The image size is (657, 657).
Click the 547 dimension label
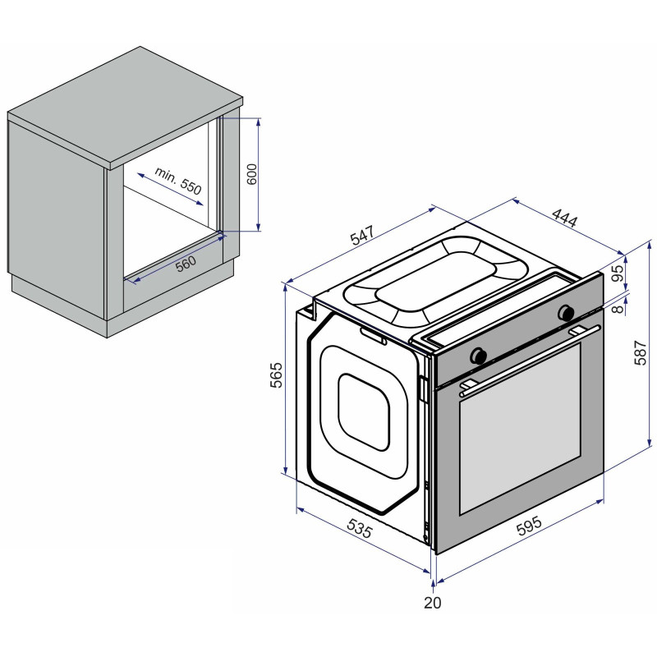[x=361, y=235]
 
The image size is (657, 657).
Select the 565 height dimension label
[x=276, y=375]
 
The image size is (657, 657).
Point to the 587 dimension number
[x=641, y=353]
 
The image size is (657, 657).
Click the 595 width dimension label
[x=529, y=526]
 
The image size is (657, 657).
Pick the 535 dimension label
[x=360, y=528]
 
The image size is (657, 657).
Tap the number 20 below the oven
[x=433, y=603]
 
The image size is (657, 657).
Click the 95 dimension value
[x=618, y=273]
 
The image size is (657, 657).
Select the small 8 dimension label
[x=618, y=310]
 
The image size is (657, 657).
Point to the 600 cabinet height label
[x=251, y=174]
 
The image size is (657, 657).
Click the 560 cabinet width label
[x=186, y=264]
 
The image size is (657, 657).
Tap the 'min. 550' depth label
[x=178, y=181]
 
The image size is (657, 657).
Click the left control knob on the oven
[x=478, y=356]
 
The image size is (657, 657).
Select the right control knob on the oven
[x=566, y=313]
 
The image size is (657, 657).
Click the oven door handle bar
[x=530, y=361]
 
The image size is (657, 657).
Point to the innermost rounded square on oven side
[x=364, y=412]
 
